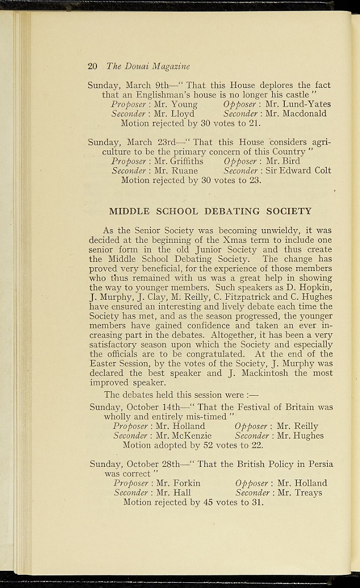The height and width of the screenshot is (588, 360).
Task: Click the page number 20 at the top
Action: (x=92, y=67)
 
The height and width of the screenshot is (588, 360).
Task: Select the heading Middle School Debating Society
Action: (x=210, y=211)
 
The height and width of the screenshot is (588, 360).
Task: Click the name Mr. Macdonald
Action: (x=296, y=114)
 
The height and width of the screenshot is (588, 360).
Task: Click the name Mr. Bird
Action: (x=282, y=161)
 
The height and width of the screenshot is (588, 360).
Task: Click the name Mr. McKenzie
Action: (x=184, y=436)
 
